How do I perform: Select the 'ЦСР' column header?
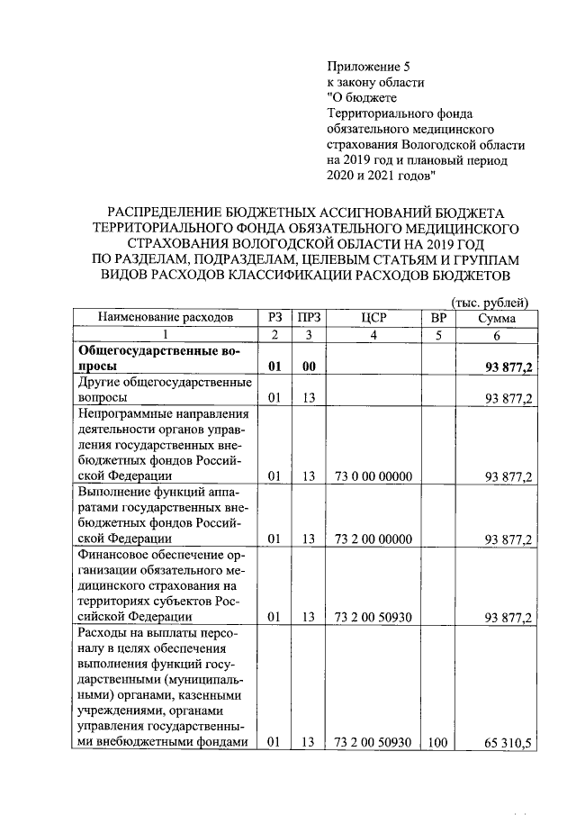pos(373,317)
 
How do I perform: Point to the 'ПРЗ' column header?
pos(309,317)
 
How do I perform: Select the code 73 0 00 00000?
pos(373,475)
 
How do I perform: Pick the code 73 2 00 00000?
pos(373,539)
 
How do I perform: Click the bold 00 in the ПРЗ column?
pos(309,367)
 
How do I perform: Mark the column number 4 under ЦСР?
pos(373,334)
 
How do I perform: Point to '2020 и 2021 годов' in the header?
pos(381,175)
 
